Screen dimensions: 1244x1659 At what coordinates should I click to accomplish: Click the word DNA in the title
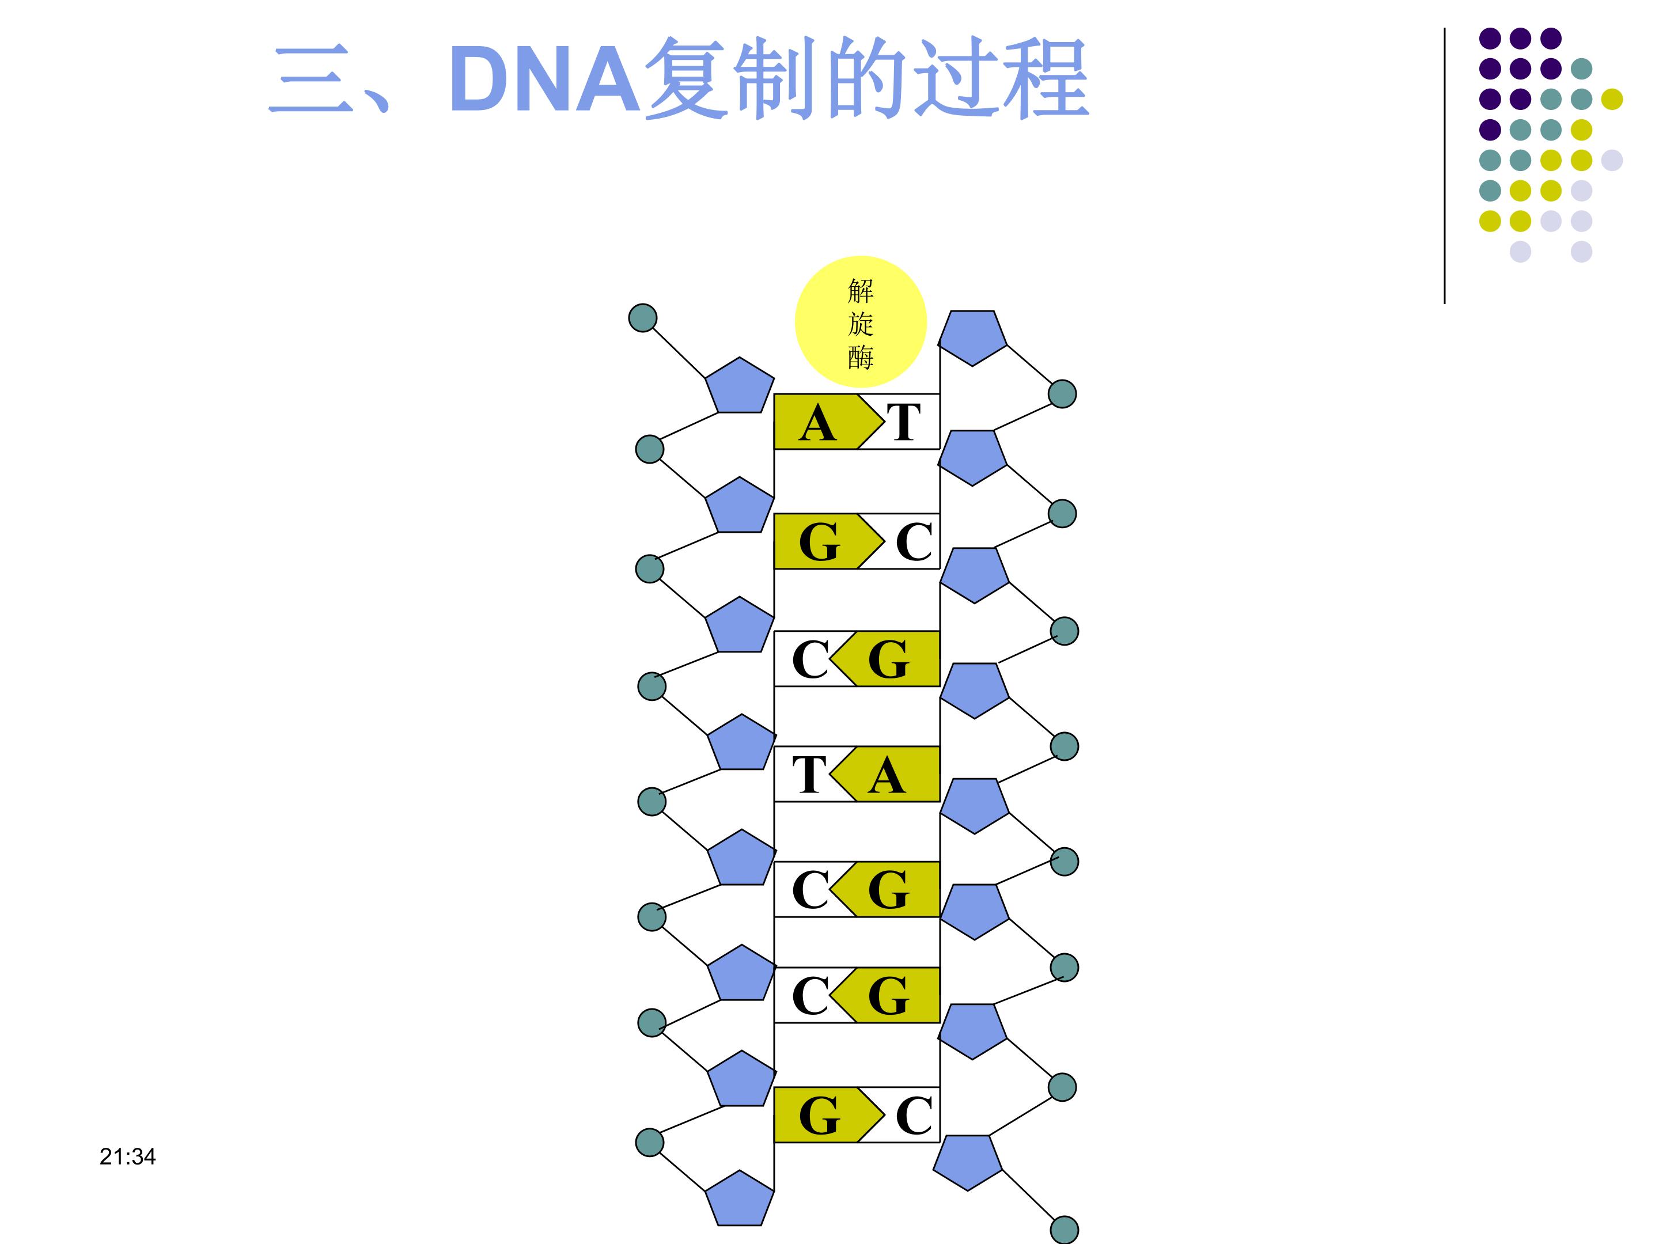click(x=546, y=79)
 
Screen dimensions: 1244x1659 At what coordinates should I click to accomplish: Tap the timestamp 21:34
click(x=127, y=1156)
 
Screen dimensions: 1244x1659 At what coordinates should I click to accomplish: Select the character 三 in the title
click(x=310, y=79)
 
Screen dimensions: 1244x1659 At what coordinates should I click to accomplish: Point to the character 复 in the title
click(x=686, y=79)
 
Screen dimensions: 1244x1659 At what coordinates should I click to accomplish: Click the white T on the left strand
click(x=809, y=775)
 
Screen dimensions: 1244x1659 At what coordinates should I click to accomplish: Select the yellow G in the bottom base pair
click(x=820, y=1115)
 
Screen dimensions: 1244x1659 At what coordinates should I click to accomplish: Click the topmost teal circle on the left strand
click(x=643, y=318)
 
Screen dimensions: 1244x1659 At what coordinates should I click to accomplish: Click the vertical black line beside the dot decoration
click(x=1445, y=165)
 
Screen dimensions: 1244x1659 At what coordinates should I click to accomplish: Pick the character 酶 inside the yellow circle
click(x=860, y=357)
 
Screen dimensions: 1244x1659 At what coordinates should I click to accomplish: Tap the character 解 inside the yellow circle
click(x=860, y=290)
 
